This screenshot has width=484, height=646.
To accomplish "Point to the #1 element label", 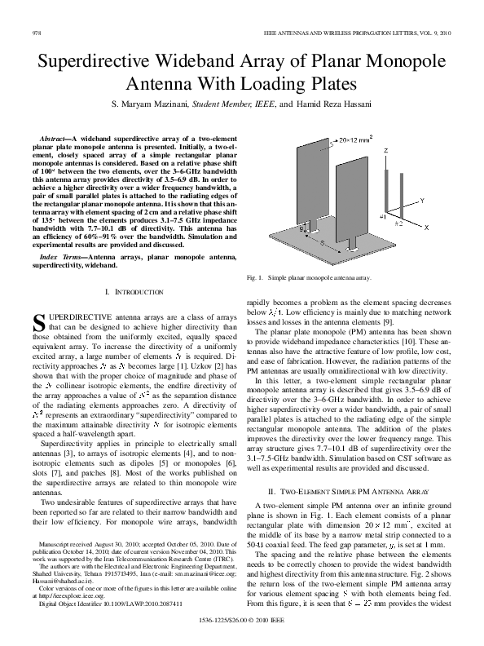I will click(382, 219).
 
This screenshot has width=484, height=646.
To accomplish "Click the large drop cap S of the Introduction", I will click(38, 321).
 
